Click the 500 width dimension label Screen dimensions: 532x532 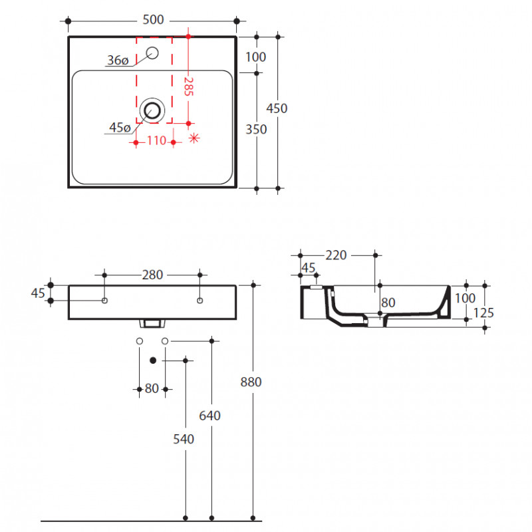(x=153, y=20)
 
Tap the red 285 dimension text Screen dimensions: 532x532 (x=189, y=86)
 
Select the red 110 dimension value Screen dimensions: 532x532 (x=156, y=140)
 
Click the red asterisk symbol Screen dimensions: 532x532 (x=194, y=138)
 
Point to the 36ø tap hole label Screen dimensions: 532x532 (x=118, y=60)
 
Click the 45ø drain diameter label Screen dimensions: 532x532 (x=120, y=128)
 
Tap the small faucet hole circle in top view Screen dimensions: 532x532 (x=152, y=53)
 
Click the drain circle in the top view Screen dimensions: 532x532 (x=152, y=110)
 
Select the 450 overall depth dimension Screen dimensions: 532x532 (x=277, y=108)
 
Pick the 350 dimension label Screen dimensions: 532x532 (x=256, y=129)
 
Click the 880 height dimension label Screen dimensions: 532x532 (x=251, y=382)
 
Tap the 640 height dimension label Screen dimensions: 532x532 (x=209, y=416)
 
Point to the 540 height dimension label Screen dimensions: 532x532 (x=184, y=440)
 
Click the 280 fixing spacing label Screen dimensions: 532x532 (x=152, y=275)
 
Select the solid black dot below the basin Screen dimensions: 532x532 (x=153, y=360)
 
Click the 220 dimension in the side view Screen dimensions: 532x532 (x=336, y=255)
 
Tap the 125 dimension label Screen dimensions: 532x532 (x=483, y=313)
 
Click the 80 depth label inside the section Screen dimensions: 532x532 (x=388, y=303)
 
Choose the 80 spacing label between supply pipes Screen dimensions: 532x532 (x=152, y=388)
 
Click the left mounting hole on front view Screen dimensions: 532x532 (x=105, y=301)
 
